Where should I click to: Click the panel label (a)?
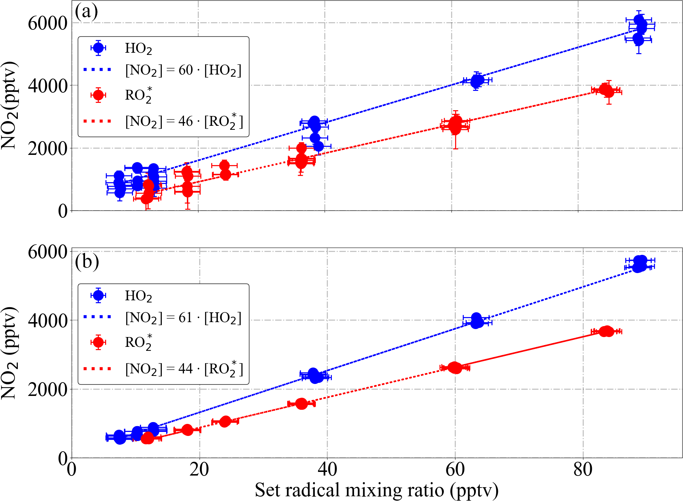click(x=86, y=12)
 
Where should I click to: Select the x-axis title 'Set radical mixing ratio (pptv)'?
click(x=377, y=490)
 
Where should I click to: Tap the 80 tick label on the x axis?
click(x=583, y=469)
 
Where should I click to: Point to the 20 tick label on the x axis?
click(x=199, y=469)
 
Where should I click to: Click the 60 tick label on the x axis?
click(x=455, y=469)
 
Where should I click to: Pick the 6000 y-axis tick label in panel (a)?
click(x=48, y=23)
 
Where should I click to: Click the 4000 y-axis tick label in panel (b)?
click(x=48, y=321)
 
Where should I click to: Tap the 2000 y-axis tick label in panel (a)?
click(x=48, y=148)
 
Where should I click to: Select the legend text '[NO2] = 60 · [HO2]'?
click(x=183, y=70)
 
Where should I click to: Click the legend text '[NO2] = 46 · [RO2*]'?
click(x=184, y=121)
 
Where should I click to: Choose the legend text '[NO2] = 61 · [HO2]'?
click(x=183, y=318)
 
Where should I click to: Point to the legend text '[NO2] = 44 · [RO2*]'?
click(x=184, y=369)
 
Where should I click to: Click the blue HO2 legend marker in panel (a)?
click(x=99, y=48)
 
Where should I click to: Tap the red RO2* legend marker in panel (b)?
click(x=99, y=342)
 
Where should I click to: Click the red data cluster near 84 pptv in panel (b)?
click(x=606, y=331)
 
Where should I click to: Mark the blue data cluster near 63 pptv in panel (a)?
click(x=477, y=81)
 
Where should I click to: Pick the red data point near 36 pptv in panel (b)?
click(x=301, y=404)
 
